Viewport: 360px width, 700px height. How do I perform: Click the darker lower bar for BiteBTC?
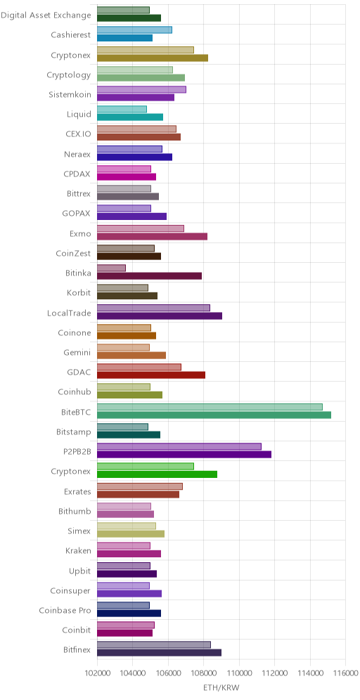pyautogui.click(x=214, y=415)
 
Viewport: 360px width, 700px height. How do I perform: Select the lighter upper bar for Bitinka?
pyautogui.click(x=111, y=268)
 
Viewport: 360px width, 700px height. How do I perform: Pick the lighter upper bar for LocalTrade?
pyautogui.click(x=153, y=308)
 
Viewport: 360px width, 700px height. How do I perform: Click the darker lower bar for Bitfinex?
pyautogui.click(x=159, y=653)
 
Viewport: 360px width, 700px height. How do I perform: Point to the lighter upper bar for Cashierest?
pyautogui.click(x=134, y=30)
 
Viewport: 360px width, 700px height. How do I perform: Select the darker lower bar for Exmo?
pyautogui.click(x=152, y=237)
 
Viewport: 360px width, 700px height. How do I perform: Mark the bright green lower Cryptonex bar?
pyautogui.click(x=157, y=474)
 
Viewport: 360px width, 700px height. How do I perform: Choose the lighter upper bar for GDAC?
pyautogui.click(x=139, y=367)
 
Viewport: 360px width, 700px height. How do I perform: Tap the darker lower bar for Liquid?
pyautogui.click(x=130, y=117)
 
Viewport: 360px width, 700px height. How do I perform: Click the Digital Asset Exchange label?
pyautogui.click(x=46, y=15)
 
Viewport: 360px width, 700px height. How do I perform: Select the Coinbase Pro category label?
pyautogui.click(x=65, y=610)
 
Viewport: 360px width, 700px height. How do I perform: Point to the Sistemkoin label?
pyautogui.click(x=70, y=95)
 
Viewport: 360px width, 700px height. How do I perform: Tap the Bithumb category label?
pyautogui.click(x=75, y=511)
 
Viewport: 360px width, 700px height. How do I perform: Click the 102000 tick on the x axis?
pyautogui.click(x=97, y=673)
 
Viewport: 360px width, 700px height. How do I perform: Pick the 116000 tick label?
pyautogui.click(x=346, y=673)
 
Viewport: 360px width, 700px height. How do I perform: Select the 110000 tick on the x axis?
pyautogui.click(x=239, y=673)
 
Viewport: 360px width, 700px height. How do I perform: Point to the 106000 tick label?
pyautogui.click(x=168, y=673)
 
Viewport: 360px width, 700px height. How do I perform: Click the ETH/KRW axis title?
pyautogui.click(x=221, y=688)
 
